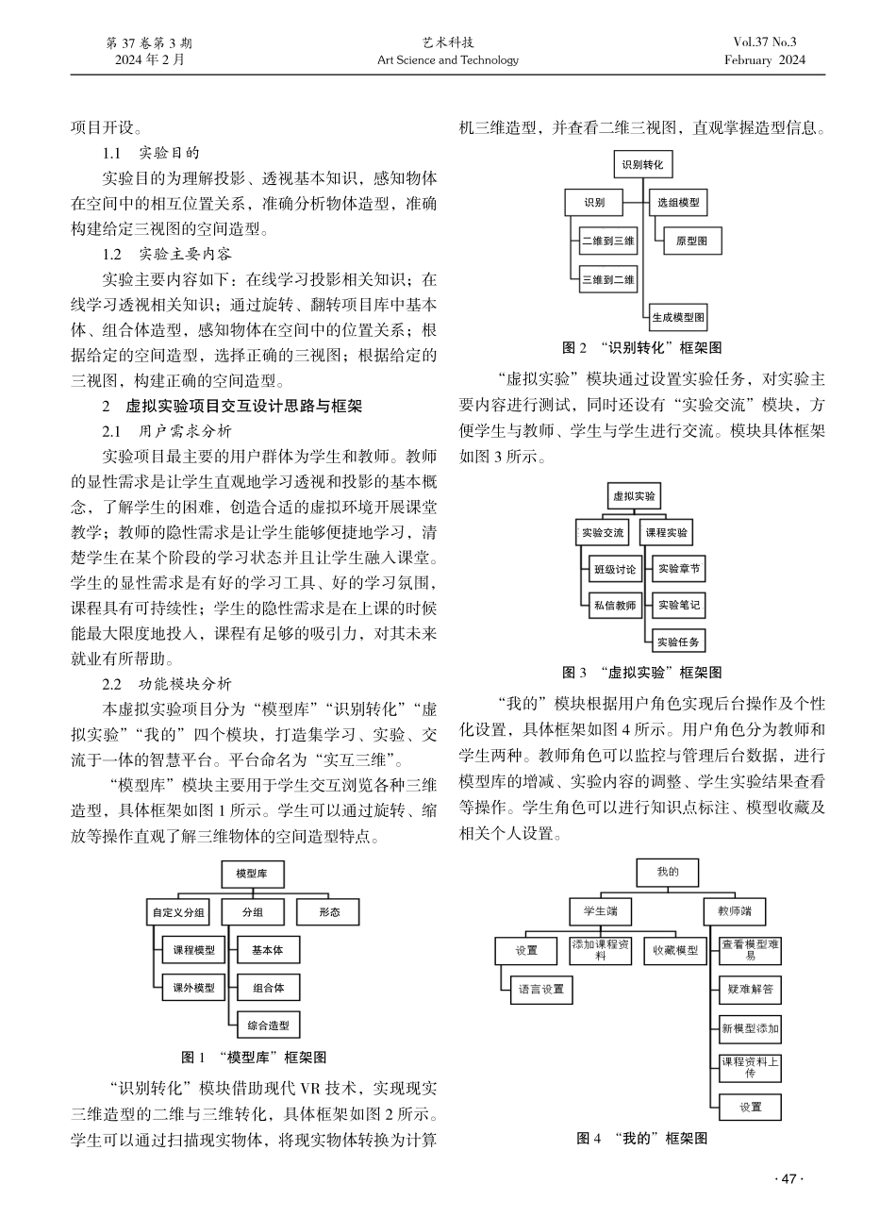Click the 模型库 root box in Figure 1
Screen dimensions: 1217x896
click(x=251, y=875)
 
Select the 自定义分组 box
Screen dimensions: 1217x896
click(x=179, y=912)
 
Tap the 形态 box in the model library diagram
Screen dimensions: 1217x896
click(x=328, y=912)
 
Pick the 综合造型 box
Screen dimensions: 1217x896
click(x=269, y=1025)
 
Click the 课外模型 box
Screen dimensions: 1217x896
click(x=193, y=988)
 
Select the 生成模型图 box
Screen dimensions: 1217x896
click(x=678, y=317)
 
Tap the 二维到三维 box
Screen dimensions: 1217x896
click(x=608, y=242)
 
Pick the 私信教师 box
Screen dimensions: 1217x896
click(x=615, y=606)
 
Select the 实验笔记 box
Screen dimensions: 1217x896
click(x=679, y=605)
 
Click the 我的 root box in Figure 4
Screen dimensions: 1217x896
click(x=668, y=872)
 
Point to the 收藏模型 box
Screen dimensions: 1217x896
click(x=675, y=950)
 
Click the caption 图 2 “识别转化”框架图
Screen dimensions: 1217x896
click(x=642, y=348)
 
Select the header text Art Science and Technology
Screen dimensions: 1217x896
click(x=448, y=60)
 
